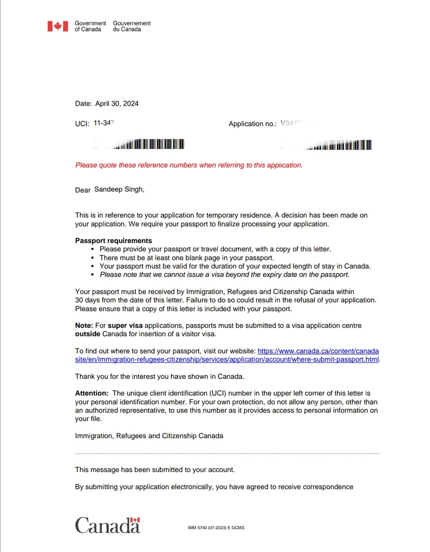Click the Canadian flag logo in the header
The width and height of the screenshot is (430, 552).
(58, 26)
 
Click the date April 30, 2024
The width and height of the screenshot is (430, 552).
(117, 104)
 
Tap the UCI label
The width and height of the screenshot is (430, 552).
(82, 123)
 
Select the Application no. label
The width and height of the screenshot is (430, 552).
(253, 124)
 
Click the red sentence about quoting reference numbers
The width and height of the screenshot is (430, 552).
(189, 165)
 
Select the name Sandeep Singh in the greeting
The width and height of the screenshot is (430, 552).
(119, 189)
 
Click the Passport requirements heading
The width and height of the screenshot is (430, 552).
(113, 240)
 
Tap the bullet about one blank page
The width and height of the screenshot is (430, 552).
(187, 258)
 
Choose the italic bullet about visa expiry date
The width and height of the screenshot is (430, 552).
(224, 275)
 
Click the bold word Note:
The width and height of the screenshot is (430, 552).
(84, 326)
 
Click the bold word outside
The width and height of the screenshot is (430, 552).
(87, 334)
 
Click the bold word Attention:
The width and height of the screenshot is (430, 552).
(91, 393)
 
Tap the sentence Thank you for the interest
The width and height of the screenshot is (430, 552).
(159, 377)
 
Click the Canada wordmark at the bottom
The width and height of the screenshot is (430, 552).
(107, 525)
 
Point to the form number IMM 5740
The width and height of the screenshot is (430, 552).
(216, 528)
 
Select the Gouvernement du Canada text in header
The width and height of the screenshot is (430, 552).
(131, 26)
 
